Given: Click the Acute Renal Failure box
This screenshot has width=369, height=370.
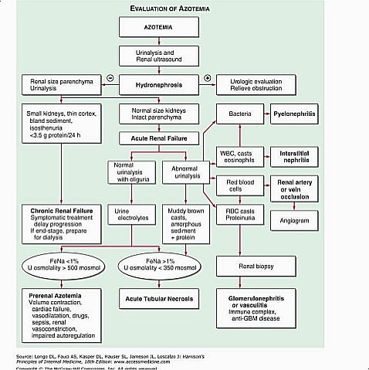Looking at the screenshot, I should coord(160,139).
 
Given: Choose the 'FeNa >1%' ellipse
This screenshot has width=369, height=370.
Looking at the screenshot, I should coord(159,266).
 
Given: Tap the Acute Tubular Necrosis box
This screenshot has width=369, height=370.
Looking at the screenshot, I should coord(159,298).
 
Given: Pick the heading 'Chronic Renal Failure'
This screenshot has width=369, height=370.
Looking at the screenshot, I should coord(57,210).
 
